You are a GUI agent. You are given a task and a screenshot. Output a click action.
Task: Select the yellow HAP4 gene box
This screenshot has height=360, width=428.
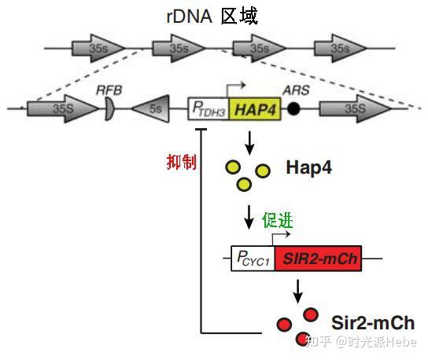[255, 108]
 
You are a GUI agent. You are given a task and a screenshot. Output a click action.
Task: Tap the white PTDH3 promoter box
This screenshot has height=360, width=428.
[208, 109]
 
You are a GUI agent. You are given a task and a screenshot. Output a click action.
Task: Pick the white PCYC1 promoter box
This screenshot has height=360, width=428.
[253, 259]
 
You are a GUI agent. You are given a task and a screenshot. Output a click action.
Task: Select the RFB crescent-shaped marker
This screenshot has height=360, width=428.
[109, 109]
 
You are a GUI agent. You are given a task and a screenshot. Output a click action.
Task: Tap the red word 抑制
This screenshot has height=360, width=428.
[181, 161]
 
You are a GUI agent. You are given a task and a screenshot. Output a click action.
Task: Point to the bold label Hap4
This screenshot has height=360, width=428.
[309, 168]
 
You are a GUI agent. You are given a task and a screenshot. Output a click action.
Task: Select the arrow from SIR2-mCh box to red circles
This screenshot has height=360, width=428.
[298, 292]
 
